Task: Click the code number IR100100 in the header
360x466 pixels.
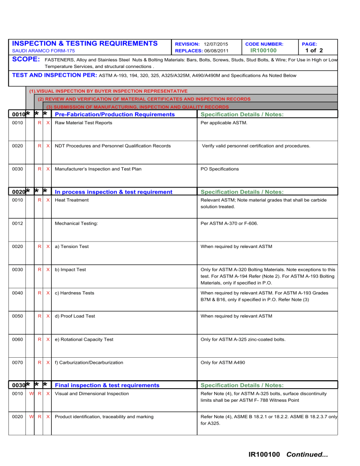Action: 263,50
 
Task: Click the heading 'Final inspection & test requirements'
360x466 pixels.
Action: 107,385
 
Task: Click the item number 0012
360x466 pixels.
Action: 17,224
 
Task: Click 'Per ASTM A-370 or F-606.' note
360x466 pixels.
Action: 229,224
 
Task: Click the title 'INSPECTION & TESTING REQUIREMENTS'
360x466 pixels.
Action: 84,43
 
